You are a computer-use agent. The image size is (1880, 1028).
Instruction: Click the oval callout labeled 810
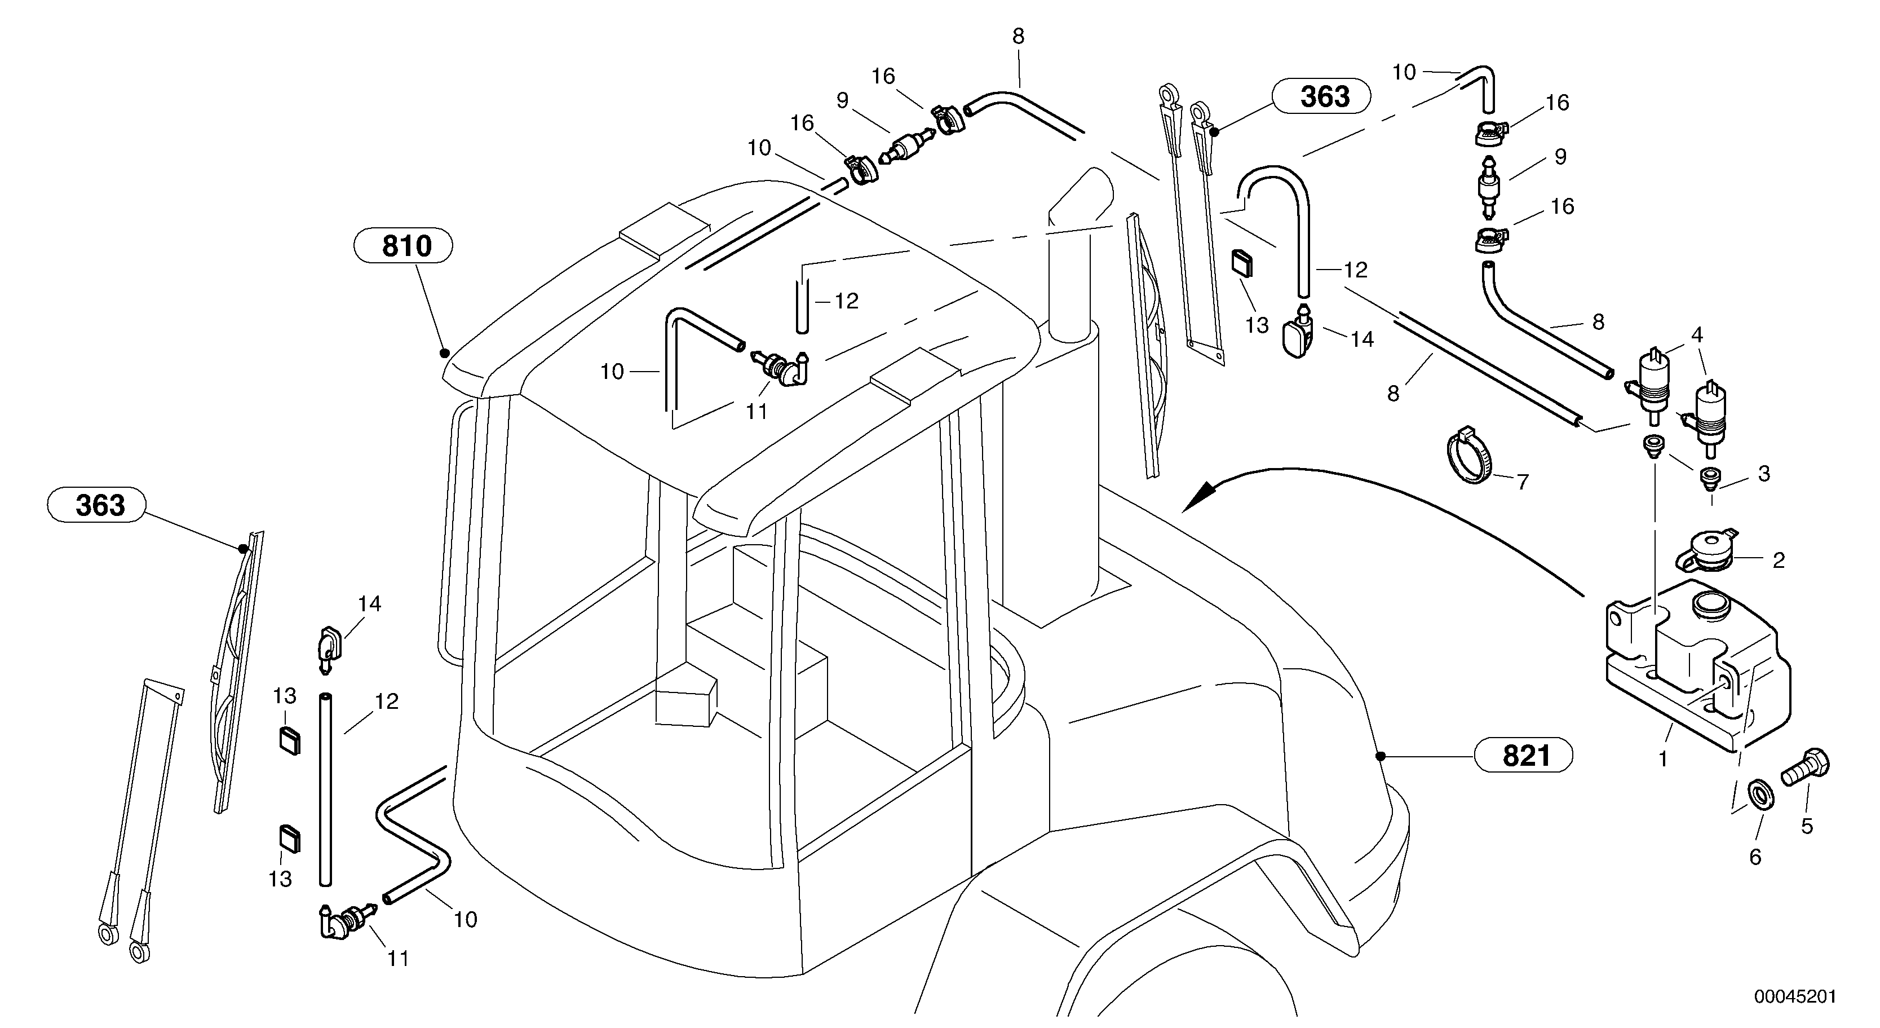click(x=403, y=246)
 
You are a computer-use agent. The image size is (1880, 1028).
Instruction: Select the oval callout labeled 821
click(x=1524, y=756)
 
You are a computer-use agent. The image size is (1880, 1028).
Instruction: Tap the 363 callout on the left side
click(x=96, y=505)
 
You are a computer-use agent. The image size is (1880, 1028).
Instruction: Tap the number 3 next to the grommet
click(x=1764, y=474)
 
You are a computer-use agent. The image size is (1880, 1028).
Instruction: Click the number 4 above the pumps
click(x=1697, y=335)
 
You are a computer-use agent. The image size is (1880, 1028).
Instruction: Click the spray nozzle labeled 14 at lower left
click(x=327, y=647)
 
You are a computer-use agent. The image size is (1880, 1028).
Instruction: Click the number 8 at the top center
click(x=1018, y=37)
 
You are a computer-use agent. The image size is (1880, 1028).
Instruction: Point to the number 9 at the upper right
click(x=1560, y=156)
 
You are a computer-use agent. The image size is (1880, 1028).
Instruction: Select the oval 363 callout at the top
click(x=1321, y=96)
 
